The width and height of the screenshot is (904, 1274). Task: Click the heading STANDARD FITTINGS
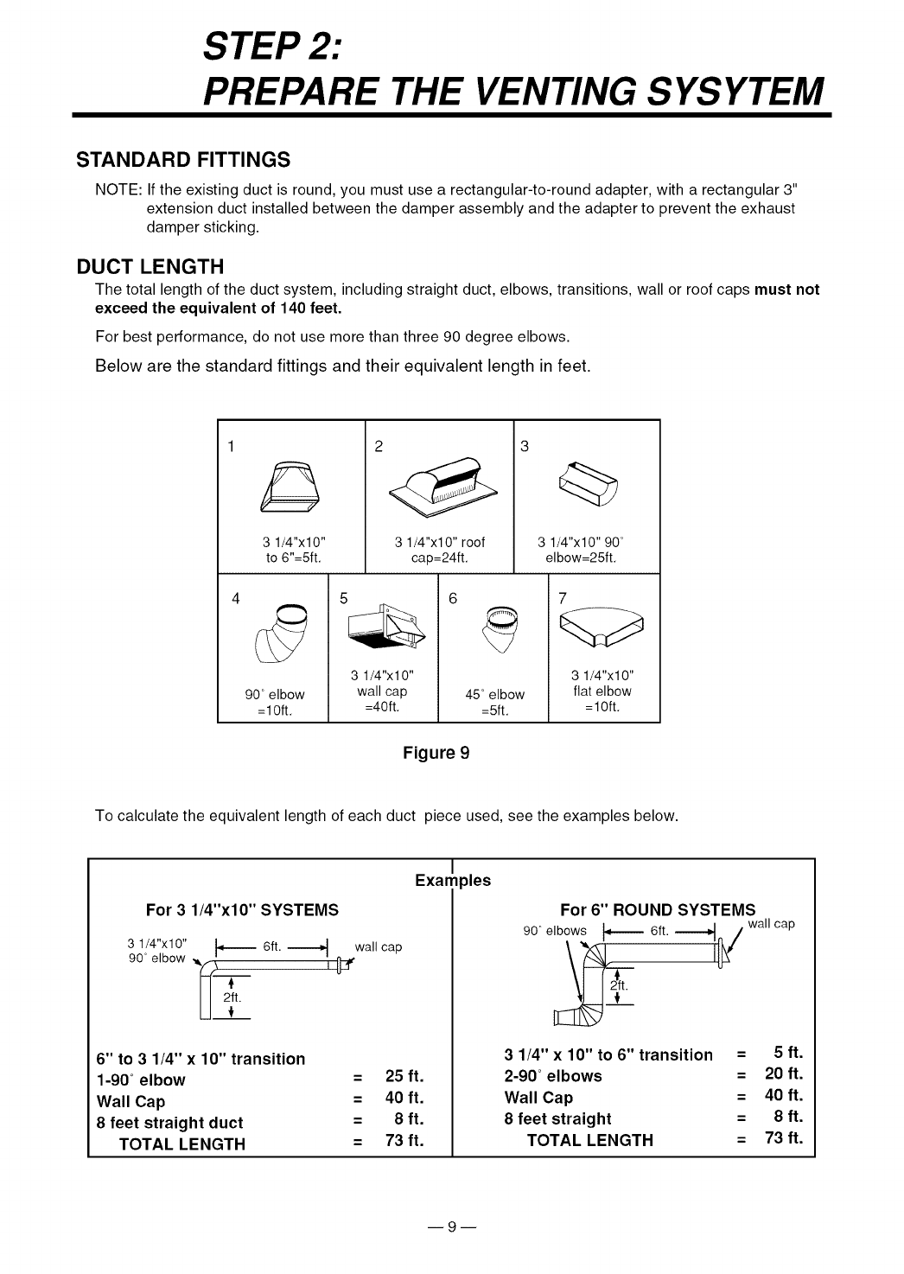[x=182, y=160]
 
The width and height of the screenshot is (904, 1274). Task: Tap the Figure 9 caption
[x=436, y=752]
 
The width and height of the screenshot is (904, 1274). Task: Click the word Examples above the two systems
[x=453, y=881]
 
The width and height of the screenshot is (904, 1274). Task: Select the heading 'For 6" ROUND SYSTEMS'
[x=658, y=909]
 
